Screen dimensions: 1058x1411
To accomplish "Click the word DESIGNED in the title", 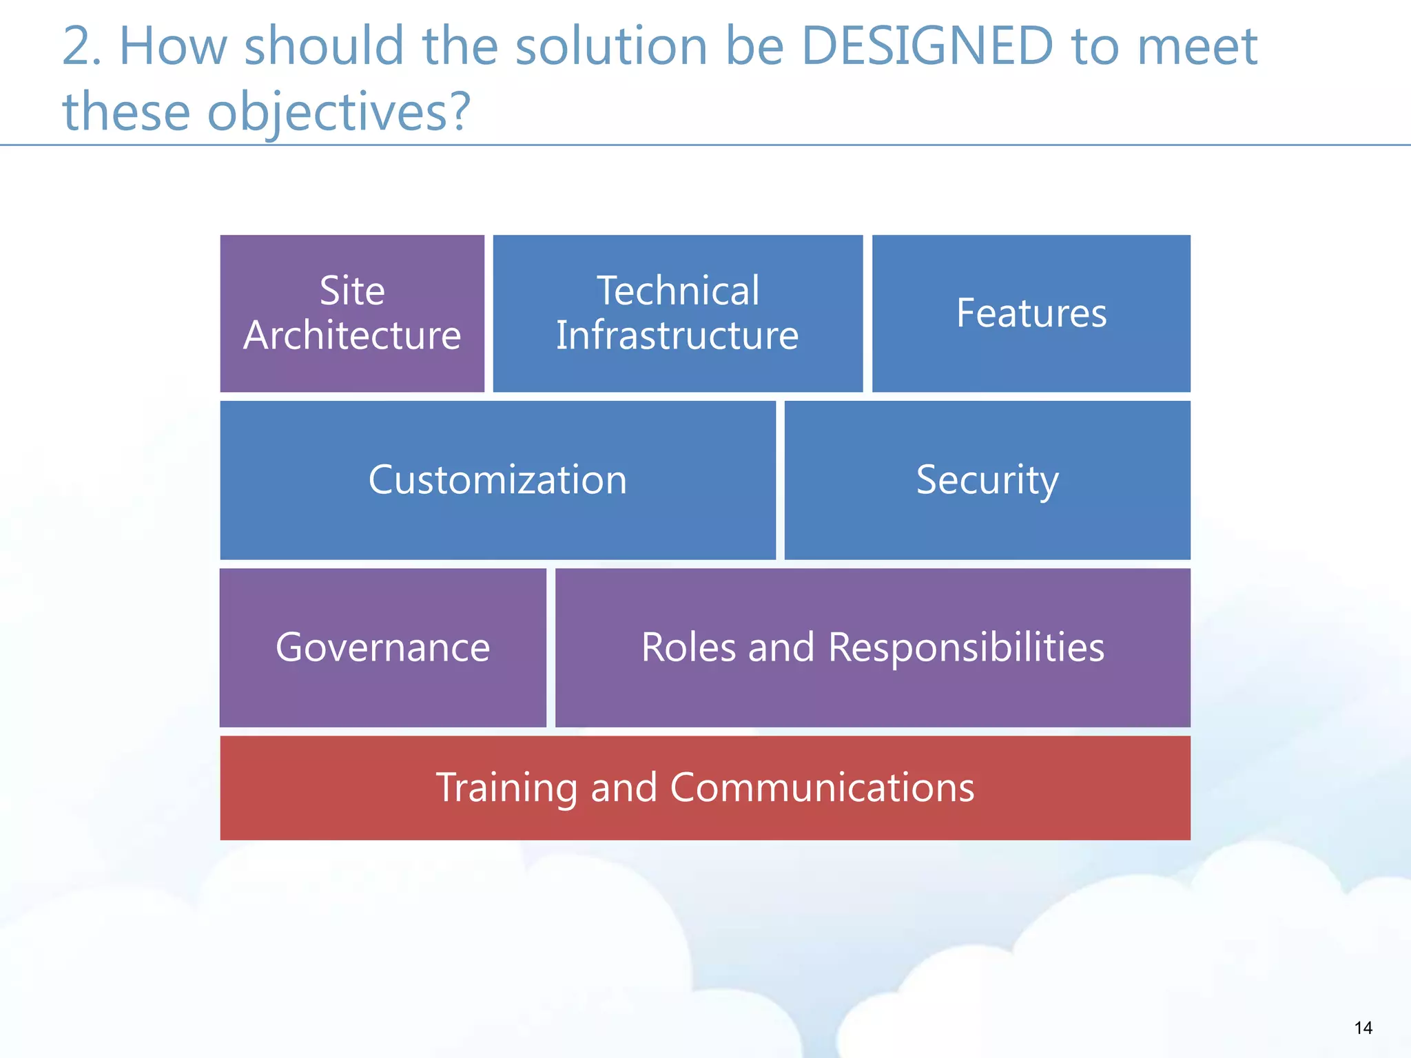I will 927,47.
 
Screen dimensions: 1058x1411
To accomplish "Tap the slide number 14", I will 1363,1028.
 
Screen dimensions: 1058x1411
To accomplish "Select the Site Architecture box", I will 352,313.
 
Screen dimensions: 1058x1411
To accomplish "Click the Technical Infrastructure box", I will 677,313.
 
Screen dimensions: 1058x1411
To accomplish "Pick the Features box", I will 1031,313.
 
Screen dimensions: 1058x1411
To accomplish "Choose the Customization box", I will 497,480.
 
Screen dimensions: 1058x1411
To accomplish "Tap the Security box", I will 987,480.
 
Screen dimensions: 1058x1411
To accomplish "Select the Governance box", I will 382,647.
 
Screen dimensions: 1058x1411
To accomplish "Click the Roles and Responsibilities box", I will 872,647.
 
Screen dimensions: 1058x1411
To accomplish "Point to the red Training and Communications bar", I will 705,787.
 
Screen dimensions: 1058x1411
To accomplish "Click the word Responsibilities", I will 966,647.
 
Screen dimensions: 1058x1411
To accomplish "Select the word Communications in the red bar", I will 822,787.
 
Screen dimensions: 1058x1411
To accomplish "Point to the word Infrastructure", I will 677,335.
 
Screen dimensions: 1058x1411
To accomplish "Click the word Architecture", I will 352,335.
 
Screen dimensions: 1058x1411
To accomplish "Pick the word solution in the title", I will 612,47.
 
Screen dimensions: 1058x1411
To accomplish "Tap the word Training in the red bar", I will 506,787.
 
